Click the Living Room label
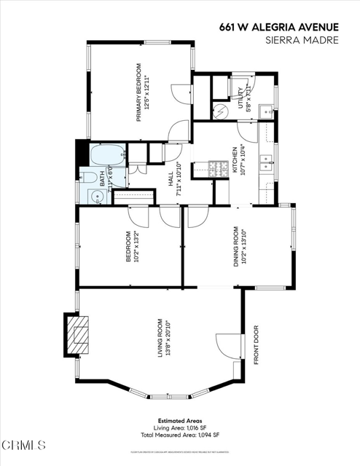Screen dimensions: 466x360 tap(164, 337)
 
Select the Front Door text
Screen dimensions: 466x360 tap(256, 344)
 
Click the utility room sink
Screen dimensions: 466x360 tap(267, 113)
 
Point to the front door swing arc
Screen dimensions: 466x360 tap(227, 346)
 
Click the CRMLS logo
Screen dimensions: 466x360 tap(26, 445)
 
